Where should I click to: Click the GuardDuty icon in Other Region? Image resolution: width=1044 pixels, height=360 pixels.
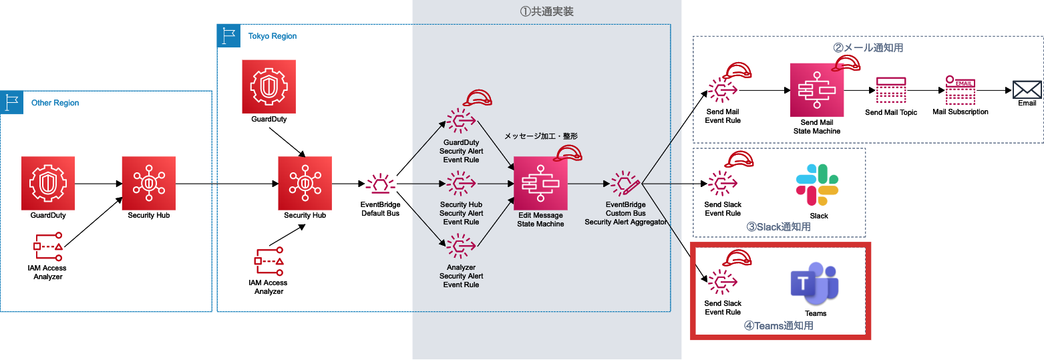pos(48,183)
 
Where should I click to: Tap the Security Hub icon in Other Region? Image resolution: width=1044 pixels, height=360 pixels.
pos(149,183)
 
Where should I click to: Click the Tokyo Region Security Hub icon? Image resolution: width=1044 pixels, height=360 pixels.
pos(305,183)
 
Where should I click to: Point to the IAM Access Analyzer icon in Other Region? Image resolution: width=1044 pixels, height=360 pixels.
pos(48,246)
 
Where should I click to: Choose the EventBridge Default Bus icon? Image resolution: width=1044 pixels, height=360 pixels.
pos(381,184)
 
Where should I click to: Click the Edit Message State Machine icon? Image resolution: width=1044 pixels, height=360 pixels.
pos(540,184)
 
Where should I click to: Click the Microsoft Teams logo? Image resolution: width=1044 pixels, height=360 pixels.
pos(815,284)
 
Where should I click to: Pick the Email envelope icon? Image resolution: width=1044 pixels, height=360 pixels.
pos(1027,89)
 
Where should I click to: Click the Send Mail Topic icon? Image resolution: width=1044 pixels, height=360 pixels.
pos(890,90)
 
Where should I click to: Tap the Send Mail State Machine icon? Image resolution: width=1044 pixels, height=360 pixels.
pos(816,90)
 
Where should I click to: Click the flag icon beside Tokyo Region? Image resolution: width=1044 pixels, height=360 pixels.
pos(229,35)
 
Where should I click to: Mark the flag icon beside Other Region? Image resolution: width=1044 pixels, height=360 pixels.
pos(12,103)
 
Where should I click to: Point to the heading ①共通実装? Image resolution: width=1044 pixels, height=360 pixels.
pos(546,11)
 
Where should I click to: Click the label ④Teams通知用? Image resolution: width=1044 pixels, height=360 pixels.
pos(778,326)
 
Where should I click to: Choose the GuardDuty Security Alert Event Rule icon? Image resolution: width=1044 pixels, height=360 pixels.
pos(460,121)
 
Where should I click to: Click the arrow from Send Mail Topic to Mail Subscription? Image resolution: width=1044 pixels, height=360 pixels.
pos(924,90)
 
